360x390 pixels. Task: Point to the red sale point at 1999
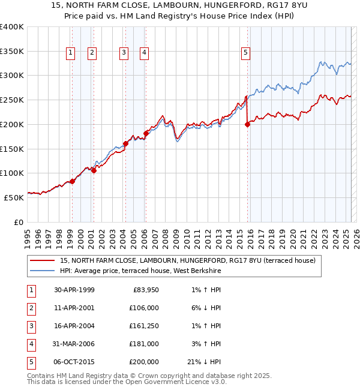(x=72, y=181)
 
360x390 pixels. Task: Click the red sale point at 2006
(x=146, y=133)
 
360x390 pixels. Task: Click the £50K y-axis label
(x=14, y=197)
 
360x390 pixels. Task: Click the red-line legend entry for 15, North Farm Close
(x=191, y=260)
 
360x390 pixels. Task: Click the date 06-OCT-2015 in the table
(x=74, y=362)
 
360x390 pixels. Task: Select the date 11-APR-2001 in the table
(x=74, y=308)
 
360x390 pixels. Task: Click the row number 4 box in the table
(x=31, y=344)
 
